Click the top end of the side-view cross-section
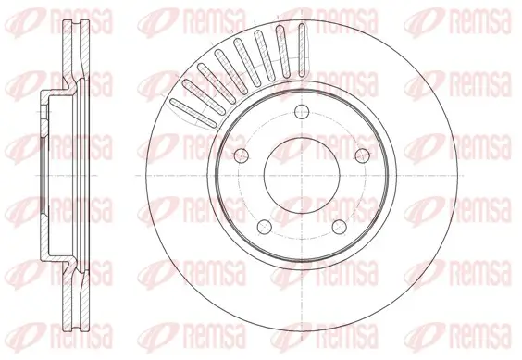[77, 21]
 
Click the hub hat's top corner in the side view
[46, 93]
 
